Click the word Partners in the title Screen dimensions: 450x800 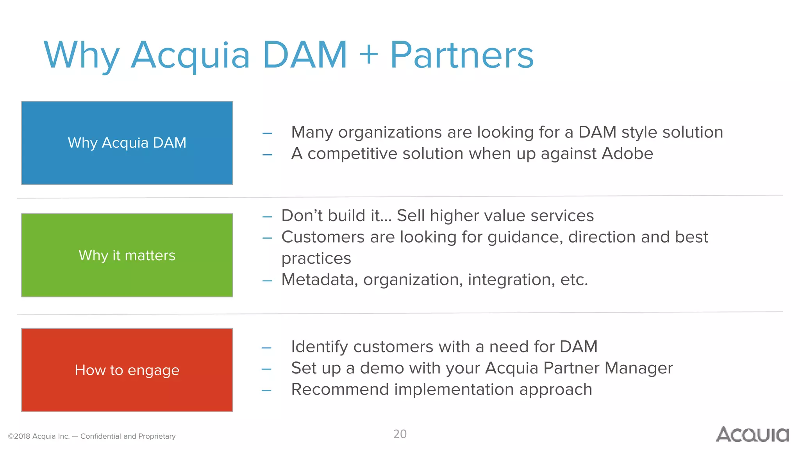[x=462, y=55]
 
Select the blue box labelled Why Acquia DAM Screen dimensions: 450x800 [x=127, y=143]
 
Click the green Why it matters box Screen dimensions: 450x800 [x=127, y=255]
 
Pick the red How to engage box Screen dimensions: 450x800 [x=127, y=370]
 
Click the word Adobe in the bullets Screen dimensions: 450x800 [x=627, y=154]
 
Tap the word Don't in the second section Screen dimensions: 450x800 [x=302, y=216]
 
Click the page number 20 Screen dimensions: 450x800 [x=400, y=434]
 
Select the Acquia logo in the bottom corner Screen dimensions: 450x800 [x=752, y=434]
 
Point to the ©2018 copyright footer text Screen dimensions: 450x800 [x=91, y=436]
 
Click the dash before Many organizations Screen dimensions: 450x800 [x=267, y=134]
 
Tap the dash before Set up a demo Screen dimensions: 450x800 [x=266, y=369]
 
